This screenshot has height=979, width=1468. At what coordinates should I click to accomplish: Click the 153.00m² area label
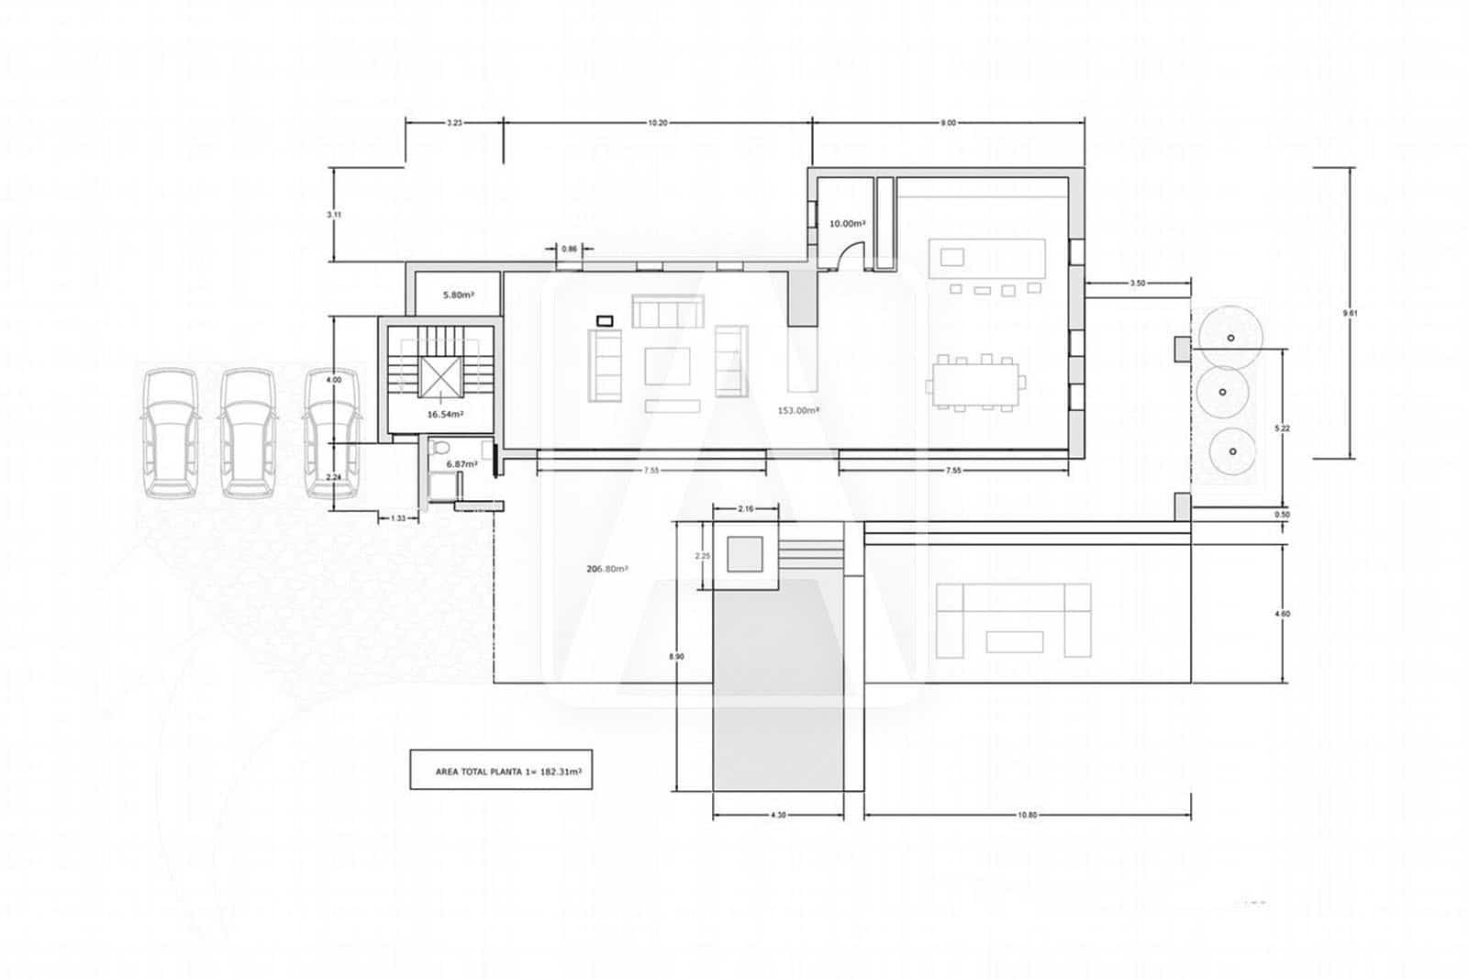pyautogui.click(x=797, y=410)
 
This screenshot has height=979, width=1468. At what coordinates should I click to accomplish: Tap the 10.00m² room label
pyautogui.click(x=848, y=223)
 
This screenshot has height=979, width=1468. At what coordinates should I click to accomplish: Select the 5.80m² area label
pyautogui.click(x=458, y=295)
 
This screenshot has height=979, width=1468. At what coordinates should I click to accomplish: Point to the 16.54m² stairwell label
pyautogui.click(x=445, y=414)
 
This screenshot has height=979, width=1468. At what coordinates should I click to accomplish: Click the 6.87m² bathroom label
pyautogui.click(x=462, y=464)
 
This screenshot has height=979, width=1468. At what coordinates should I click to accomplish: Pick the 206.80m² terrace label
pyautogui.click(x=606, y=569)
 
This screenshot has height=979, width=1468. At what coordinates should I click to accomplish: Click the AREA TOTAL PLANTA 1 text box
pyautogui.click(x=507, y=772)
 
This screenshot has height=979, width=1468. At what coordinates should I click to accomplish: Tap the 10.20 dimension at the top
pyautogui.click(x=657, y=123)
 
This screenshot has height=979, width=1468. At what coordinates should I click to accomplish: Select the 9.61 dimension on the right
pyautogui.click(x=1349, y=313)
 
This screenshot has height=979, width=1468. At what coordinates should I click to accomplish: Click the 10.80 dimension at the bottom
pyautogui.click(x=1028, y=815)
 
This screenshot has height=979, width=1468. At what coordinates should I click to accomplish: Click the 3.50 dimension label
pyautogui.click(x=1137, y=284)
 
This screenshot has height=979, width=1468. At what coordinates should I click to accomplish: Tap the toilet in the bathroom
pyautogui.click(x=440, y=449)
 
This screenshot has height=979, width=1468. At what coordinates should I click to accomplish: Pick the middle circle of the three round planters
pyautogui.click(x=1222, y=392)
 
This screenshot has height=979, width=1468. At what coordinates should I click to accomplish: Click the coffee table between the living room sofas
pyautogui.click(x=667, y=366)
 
